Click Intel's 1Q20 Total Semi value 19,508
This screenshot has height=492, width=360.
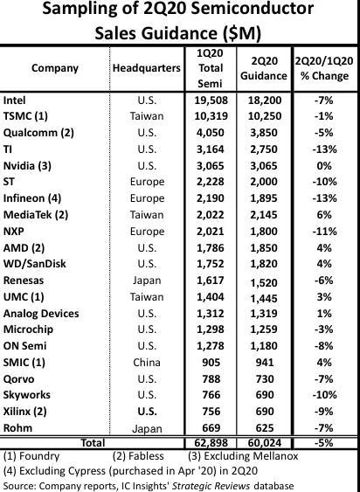tap(211, 100)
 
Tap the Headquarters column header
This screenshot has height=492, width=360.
tap(147, 68)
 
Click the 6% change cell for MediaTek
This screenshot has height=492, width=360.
tap(324, 215)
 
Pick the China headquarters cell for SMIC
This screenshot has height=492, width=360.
tap(147, 363)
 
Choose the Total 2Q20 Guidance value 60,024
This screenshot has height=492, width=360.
tap(264, 443)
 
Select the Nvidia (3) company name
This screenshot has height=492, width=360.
tap(27, 166)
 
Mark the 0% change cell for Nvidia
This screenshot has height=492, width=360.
tap(324, 166)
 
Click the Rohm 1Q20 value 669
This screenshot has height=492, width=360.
tap(211, 428)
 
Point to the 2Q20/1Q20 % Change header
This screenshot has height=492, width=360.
tap(324, 68)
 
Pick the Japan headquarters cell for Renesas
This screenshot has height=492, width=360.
tap(147, 281)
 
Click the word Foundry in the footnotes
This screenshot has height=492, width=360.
tap(39, 456)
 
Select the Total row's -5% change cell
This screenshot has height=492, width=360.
tap(324, 443)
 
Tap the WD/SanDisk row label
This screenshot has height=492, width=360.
tap(35, 264)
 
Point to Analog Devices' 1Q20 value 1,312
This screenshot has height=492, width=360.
tap(211, 313)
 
